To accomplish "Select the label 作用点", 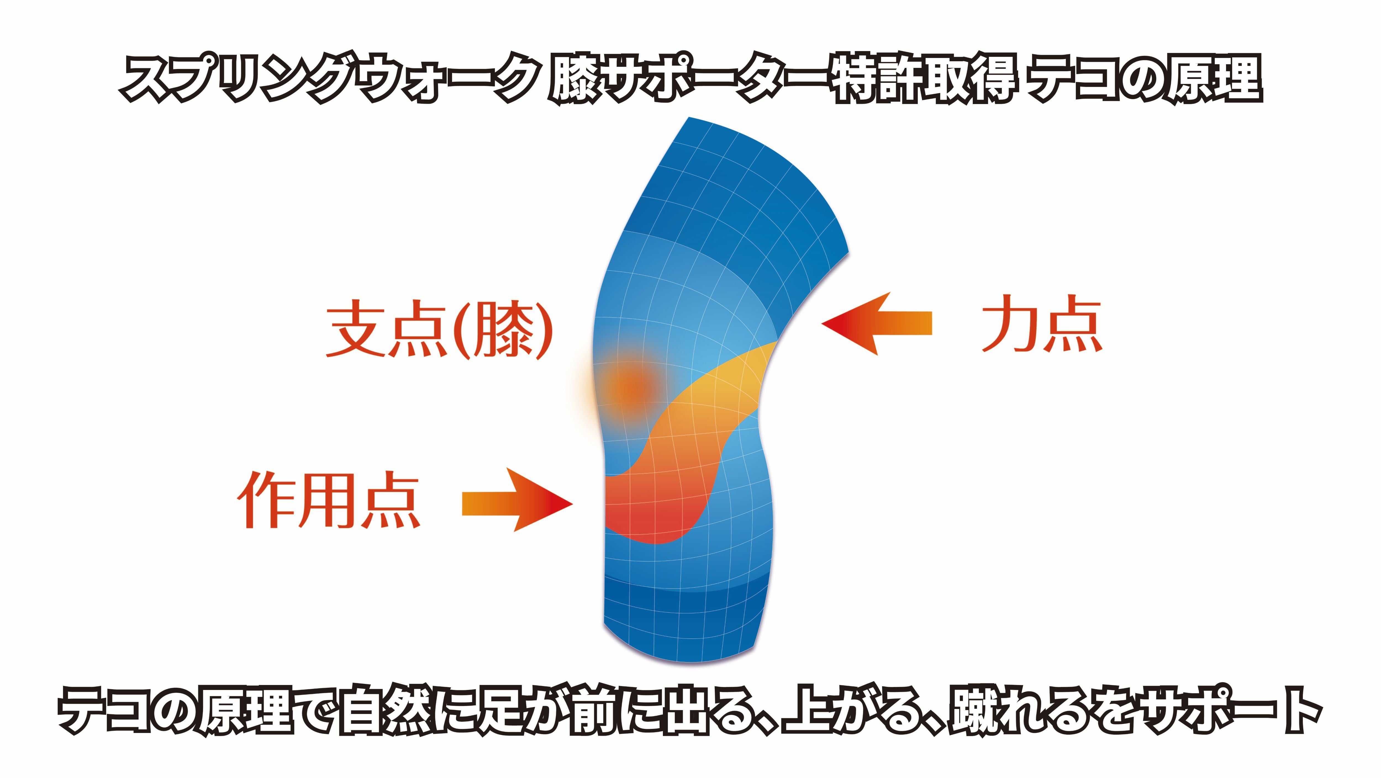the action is click(x=328, y=500).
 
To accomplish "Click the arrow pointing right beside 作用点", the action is click(x=517, y=500).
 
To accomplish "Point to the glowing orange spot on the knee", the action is click(x=631, y=387).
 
